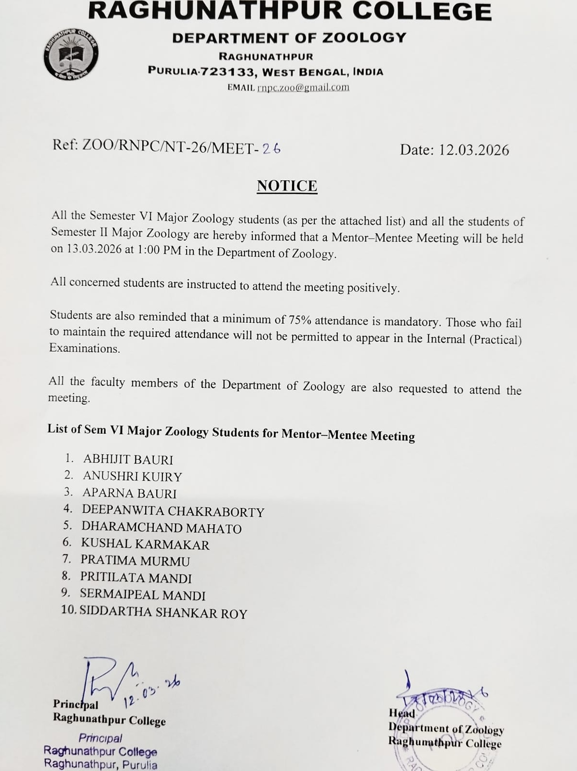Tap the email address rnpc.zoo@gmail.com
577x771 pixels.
303,87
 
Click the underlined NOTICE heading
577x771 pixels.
287,186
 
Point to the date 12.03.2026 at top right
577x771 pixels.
473,150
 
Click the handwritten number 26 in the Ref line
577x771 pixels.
271,148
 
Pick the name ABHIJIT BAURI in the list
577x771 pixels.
128,459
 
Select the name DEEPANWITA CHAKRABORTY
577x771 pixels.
173,511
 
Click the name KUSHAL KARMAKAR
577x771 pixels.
145,544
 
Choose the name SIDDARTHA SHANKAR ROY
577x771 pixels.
163,612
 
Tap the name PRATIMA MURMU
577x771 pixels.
135,560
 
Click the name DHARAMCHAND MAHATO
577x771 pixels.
161,528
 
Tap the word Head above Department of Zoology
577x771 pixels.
402,713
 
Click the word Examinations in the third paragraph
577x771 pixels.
84,348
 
